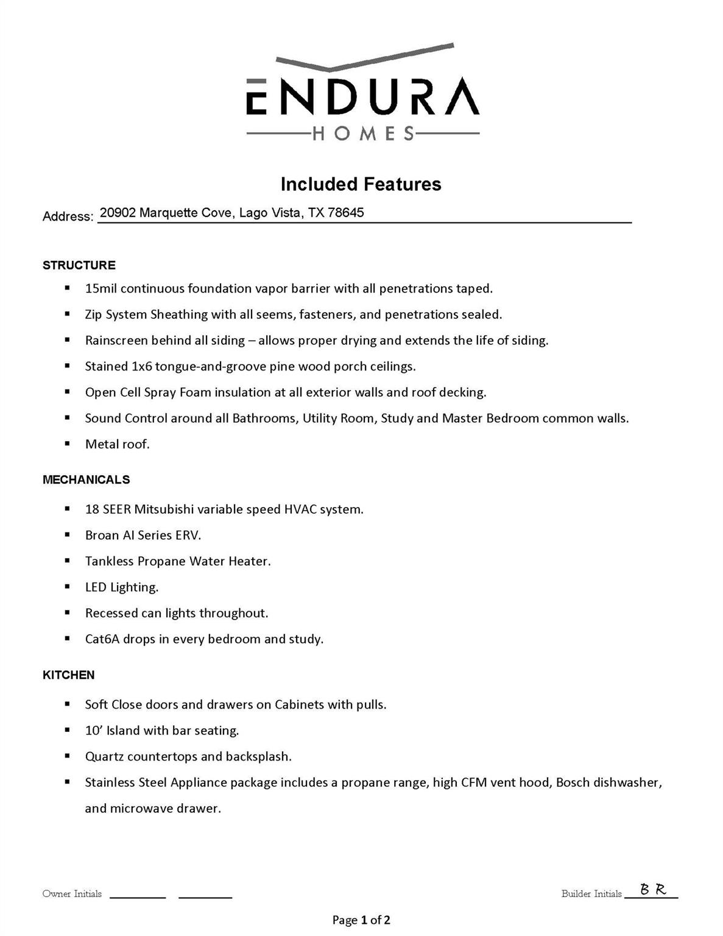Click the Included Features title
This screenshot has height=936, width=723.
coord(361,184)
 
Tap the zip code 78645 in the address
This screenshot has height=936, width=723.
coord(345,213)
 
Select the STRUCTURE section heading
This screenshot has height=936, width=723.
coord(79,265)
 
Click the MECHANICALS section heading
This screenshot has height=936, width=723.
coord(86,480)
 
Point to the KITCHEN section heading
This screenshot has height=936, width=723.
coord(68,675)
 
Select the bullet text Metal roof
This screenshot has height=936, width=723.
coord(117,444)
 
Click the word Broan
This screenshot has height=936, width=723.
coord(102,535)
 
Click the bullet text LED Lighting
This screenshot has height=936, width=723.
coord(122,587)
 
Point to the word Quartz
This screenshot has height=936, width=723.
coord(104,757)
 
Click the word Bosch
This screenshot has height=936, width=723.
coord(573,782)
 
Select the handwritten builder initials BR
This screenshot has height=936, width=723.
coord(653,890)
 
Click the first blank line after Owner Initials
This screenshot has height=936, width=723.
coord(138,895)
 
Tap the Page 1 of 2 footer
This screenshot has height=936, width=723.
coord(361,920)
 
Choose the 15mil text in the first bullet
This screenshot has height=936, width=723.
coord(101,288)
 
